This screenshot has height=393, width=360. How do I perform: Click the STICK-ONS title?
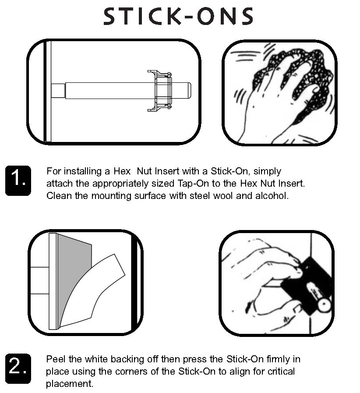[179, 17]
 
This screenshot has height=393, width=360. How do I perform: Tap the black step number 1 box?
[18, 180]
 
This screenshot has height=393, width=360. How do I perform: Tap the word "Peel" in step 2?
[56, 359]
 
